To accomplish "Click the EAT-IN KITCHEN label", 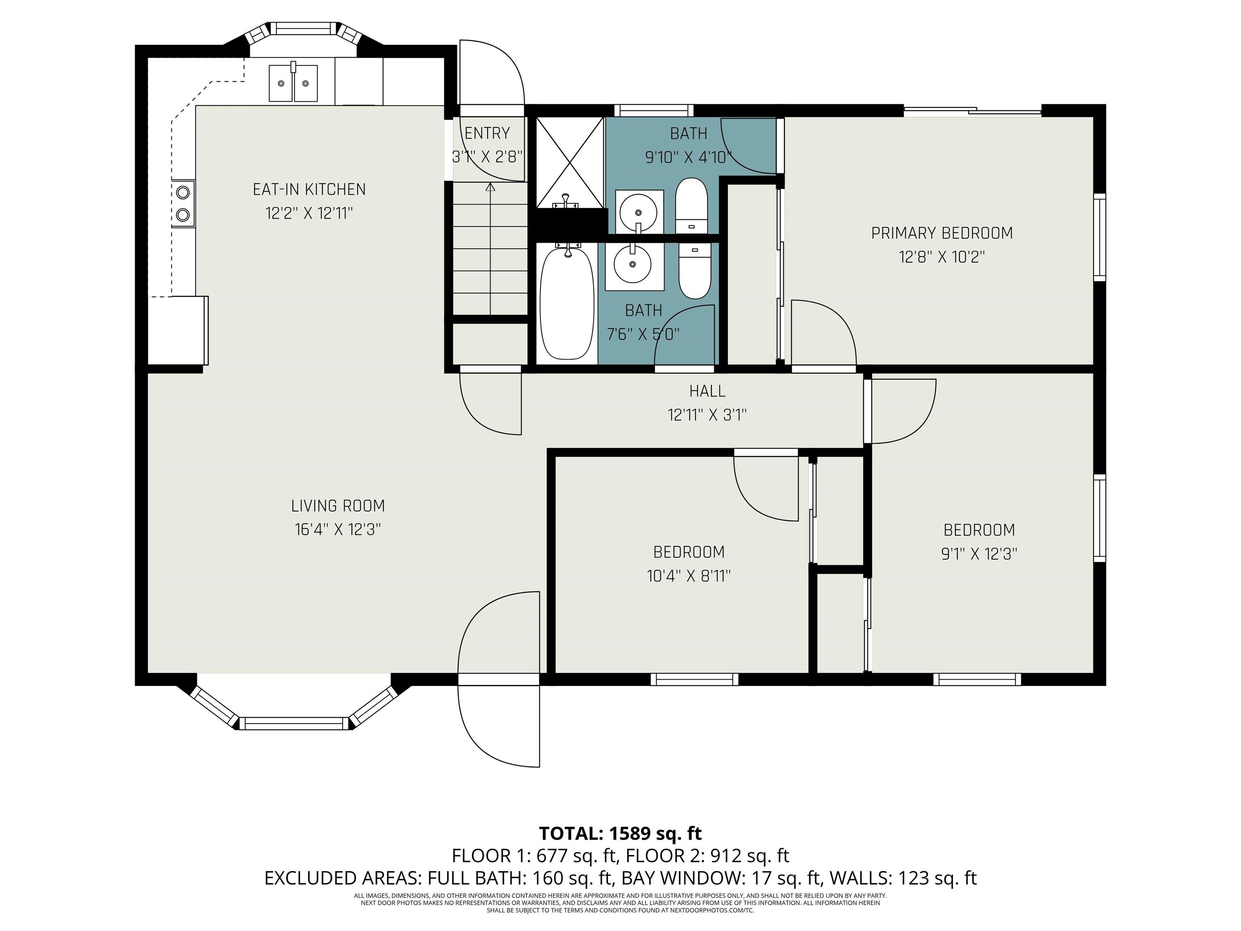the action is [x=309, y=190].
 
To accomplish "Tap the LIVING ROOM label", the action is [x=338, y=506].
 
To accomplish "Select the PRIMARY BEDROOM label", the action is [x=942, y=233].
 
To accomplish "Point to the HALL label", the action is [x=707, y=391].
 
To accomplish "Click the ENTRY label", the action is [x=487, y=134].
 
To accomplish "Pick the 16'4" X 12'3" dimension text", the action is [x=338, y=530].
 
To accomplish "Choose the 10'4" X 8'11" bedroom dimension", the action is [x=689, y=576].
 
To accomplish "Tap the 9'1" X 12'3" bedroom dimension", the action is [x=979, y=554].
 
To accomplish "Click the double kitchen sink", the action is [x=293, y=82].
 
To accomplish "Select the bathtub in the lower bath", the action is [x=567, y=303].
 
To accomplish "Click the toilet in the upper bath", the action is [x=691, y=205].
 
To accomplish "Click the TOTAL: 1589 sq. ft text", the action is [x=620, y=833].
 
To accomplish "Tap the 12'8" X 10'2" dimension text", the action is [x=942, y=257].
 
